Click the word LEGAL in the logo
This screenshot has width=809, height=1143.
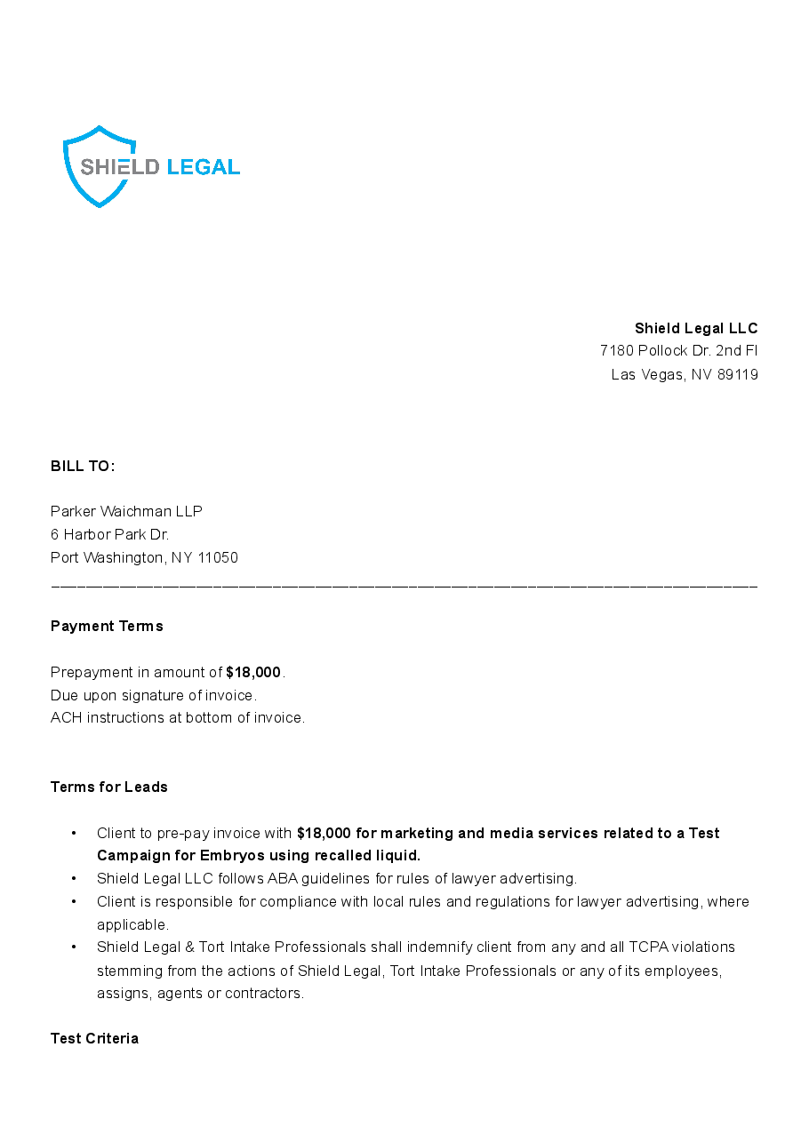[203, 167]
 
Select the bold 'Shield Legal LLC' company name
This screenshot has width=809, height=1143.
[696, 328]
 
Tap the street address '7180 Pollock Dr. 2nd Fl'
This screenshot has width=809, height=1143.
[678, 351]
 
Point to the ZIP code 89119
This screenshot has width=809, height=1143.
[737, 374]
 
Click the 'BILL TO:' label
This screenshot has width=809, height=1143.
[83, 467]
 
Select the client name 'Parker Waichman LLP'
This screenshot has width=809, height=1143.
[126, 511]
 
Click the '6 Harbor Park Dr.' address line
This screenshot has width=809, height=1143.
[109, 534]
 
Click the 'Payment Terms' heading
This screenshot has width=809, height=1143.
[107, 626]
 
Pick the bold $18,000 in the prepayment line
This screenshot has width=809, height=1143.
[253, 672]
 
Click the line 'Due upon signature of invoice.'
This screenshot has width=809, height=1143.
[153, 695]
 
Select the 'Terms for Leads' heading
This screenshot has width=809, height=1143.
[108, 787]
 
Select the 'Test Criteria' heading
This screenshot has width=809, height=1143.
[94, 1038]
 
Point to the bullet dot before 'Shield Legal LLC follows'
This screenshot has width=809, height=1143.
[74, 879]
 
